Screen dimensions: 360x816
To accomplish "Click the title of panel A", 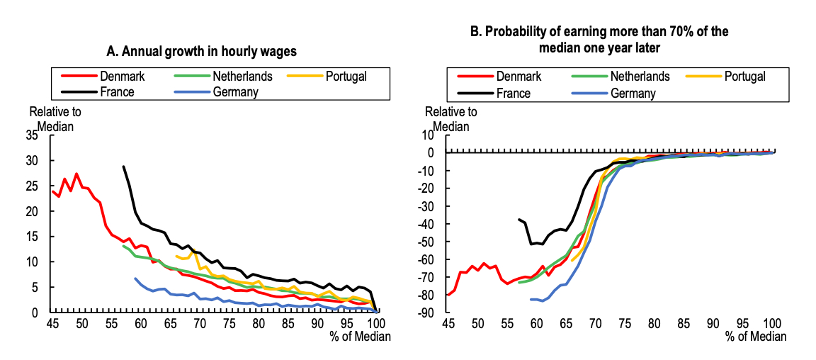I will (201, 51).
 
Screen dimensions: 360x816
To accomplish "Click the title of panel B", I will (599, 40).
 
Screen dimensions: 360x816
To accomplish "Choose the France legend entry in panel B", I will (504, 93).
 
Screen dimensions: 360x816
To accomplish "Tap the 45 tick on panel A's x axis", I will (52, 324).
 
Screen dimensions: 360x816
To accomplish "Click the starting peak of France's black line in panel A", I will (123, 167).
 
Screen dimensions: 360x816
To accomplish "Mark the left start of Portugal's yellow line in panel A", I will (176, 256).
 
